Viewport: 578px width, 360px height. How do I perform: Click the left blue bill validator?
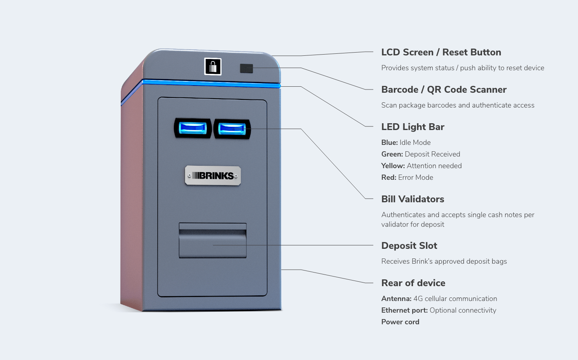[x=193, y=128]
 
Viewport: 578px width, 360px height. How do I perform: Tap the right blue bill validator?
[x=232, y=129]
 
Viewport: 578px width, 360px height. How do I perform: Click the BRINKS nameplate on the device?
[x=213, y=175]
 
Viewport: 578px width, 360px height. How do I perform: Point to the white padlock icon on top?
[x=213, y=67]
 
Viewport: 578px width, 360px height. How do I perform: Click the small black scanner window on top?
[x=246, y=68]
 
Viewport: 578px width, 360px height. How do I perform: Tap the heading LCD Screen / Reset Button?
[x=441, y=53]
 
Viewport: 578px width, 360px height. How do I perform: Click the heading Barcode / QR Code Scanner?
[x=444, y=90]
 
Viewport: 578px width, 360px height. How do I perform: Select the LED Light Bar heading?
[x=413, y=127]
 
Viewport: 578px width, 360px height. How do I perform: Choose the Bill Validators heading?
[x=413, y=199]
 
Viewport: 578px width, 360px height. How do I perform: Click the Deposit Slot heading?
[x=409, y=246]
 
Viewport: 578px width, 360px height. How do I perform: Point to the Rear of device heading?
[x=413, y=283]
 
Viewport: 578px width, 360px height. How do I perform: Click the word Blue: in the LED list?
[x=389, y=142]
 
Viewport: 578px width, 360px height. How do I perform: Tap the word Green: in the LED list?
[x=392, y=154]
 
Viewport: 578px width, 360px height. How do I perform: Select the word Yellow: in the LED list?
[x=393, y=166]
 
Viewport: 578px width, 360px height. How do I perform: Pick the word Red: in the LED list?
[x=389, y=177]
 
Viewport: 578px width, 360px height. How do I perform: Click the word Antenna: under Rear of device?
[x=396, y=299]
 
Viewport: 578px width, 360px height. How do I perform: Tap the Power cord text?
[x=400, y=322]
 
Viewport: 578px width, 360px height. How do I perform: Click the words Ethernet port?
[x=404, y=310]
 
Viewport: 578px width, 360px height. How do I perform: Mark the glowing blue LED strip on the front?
[x=211, y=83]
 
